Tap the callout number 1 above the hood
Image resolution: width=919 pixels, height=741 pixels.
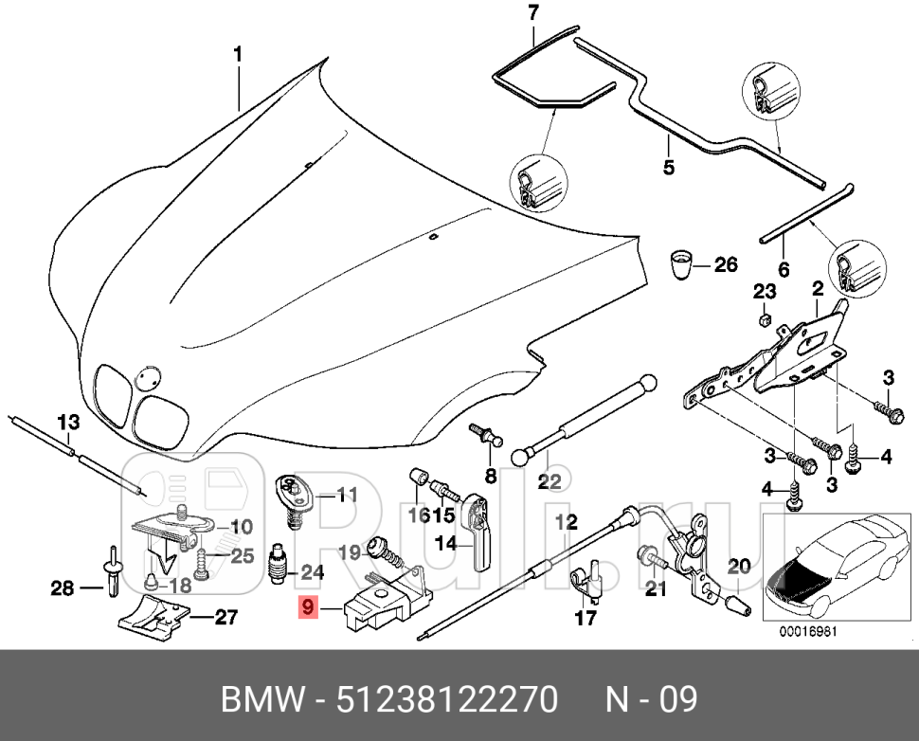coord(238,55)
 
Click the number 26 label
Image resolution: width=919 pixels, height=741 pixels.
coord(725,264)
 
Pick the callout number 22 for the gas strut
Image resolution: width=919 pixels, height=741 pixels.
coord(550,481)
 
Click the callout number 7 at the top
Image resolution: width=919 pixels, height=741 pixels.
coord(532,13)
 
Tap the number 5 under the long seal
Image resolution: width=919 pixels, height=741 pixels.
coord(668,168)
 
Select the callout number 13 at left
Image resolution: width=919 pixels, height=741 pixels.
coord(69,422)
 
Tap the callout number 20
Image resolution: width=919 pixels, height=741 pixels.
coord(738,567)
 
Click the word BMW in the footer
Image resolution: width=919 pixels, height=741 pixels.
coord(261,700)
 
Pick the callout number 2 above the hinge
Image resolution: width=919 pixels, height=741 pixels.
coord(817,288)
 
